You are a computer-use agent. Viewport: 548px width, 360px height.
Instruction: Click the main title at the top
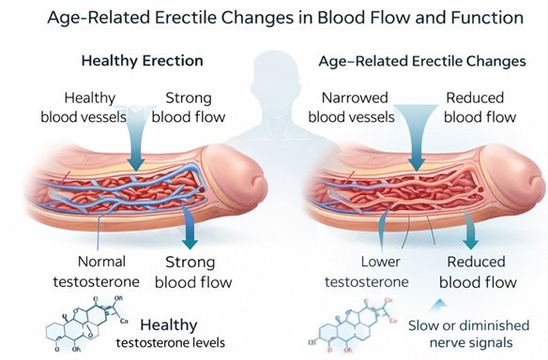pos(274,17)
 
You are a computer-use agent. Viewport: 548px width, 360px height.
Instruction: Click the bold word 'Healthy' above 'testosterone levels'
pos(169,324)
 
